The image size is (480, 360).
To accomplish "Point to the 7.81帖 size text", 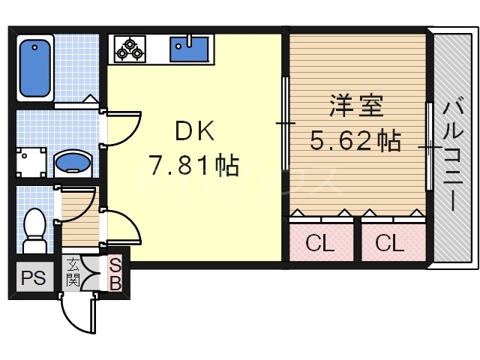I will pyautogui.click(x=194, y=165).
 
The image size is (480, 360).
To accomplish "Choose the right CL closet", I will pyautogui.click(x=389, y=242).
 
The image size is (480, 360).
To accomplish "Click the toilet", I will pyautogui.click(x=34, y=229).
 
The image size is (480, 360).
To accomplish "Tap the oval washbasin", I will pyautogui.click(x=73, y=163).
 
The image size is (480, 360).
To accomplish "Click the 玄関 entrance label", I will pyautogui.click(x=73, y=272).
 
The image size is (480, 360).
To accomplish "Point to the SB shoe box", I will pyautogui.click(x=116, y=274).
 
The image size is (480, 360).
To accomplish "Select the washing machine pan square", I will pyautogui.click(x=33, y=162).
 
